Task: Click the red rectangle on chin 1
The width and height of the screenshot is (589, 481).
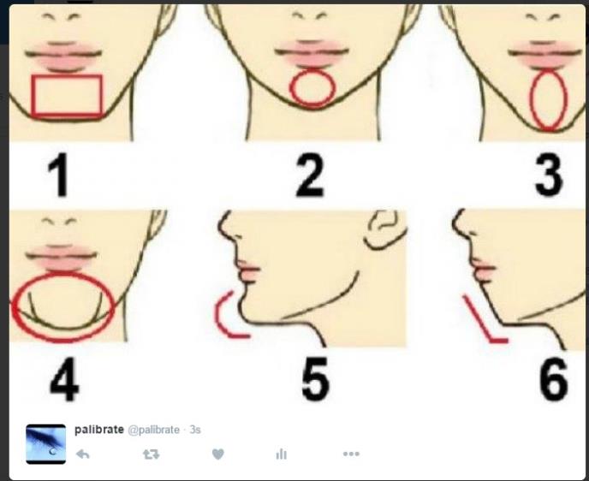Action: [67, 76]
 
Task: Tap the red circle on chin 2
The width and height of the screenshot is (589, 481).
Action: [312, 70]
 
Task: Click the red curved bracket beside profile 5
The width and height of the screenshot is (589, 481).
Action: [217, 315]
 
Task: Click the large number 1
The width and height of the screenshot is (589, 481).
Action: [58, 175]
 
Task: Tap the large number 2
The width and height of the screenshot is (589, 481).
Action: [310, 175]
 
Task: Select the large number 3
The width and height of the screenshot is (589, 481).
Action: [549, 175]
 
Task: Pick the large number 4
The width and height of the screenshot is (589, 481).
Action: [64, 379]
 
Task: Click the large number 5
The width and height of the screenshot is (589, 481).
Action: [316, 378]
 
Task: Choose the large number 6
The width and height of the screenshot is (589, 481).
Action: [553, 379]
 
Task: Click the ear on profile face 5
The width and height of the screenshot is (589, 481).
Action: [385, 229]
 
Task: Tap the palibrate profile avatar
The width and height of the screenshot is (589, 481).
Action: [46, 444]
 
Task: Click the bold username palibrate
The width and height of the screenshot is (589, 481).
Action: [99, 429]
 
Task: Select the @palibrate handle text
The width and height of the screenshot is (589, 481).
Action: [153, 430]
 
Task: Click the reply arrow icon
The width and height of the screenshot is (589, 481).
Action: [83, 454]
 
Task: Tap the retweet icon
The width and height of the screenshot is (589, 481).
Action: [151, 454]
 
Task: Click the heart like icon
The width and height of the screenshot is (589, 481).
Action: [217, 454]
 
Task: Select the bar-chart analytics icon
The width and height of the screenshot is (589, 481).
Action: [282, 454]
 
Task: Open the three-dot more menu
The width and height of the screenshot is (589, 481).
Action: [351, 454]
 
